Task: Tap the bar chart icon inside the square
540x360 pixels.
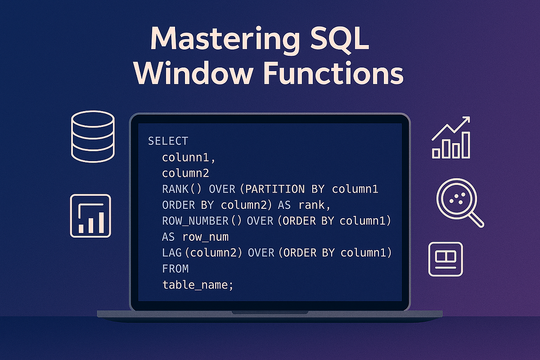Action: [x=90, y=216]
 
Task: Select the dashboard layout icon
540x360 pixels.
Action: [x=445, y=259]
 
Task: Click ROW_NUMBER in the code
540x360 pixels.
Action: [x=195, y=221]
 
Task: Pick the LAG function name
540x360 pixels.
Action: [x=172, y=253]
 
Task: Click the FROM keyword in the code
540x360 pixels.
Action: [x=175, y=269]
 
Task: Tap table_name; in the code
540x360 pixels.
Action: [x=198, y=285]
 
